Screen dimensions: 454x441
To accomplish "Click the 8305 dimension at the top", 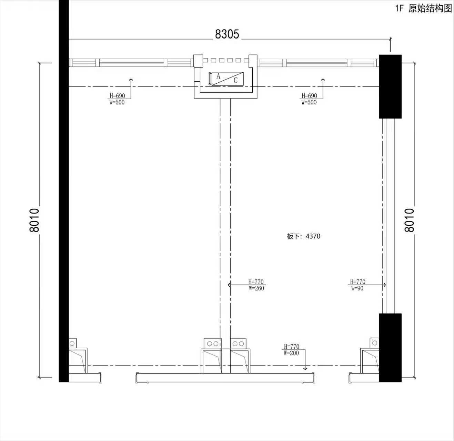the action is [x=227, y=34].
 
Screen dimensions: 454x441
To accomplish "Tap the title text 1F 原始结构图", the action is [x=424, y=8].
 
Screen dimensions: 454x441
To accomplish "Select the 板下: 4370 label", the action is [x=303, y=236].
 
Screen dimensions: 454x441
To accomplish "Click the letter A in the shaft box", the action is [x=218, y=76].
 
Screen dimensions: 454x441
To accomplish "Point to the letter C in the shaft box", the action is [x=235, y=80].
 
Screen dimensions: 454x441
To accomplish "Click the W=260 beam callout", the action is [x=256, y=288].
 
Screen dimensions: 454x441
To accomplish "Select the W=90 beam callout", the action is [x=357, y=288].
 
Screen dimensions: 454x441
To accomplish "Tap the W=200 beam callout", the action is [x=291, y=353].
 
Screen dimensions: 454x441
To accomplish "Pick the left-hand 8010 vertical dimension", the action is [x=34, y=220].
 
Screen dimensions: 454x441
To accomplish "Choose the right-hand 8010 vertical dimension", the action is [x=409, y=220].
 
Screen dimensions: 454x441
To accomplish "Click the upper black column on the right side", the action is [x=390, y=86].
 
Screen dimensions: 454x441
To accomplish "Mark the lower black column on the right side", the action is [x=390, y=348].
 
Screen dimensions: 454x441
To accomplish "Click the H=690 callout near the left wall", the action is [x=117, y=96].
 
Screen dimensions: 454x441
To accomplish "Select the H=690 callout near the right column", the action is [x=309, y=96].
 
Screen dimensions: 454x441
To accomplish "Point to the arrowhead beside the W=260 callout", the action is [x=229, y=285].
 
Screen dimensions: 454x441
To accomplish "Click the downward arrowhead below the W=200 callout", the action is [x=305, y=368].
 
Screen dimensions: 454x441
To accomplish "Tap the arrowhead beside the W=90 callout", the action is [x=384, y=285].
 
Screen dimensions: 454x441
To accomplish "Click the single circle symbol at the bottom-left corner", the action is [x=72, y=343].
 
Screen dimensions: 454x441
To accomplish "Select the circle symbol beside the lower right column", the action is [x=375, y=343].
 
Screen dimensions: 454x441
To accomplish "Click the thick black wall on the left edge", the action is [x=64, y=191].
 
